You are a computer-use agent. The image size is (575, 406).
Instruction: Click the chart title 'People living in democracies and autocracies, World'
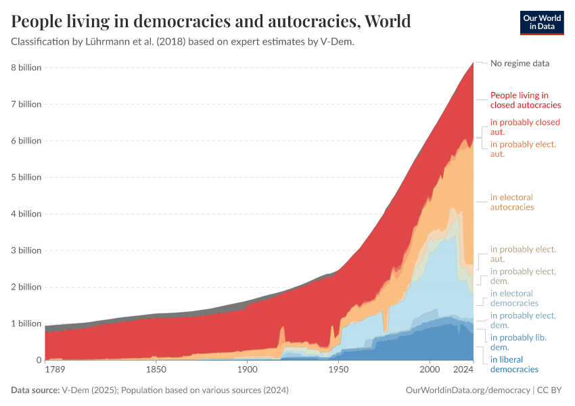[x=211, y=21]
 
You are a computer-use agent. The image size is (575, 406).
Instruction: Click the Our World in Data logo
[x=541, y=22]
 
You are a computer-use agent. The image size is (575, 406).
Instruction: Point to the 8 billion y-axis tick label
[x=26, y=68]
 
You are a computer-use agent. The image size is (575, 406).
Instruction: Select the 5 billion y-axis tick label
[x=26, y=177]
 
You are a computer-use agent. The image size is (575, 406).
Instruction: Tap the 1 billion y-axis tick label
[x=26, y=323]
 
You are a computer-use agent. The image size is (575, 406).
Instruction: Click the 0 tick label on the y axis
[x=38, y=360]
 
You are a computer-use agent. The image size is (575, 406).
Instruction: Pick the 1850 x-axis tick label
[x=156, y=371]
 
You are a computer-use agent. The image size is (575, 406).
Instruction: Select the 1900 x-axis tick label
[x=247, y=371]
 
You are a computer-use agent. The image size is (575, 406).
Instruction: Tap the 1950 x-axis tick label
[x=338, y=371]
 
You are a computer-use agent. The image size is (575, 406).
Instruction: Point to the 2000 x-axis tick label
[x=430, y=371]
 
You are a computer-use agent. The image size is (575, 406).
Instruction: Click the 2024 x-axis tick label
[x=463, y=371]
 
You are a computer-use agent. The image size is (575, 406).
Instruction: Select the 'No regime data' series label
[x=520, y=63]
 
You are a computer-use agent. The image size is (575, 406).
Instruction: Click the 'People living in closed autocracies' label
[x=525, y=100]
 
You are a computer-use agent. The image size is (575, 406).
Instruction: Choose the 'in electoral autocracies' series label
[x=512, y=202]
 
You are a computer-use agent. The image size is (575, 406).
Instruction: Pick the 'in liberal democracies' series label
[x=514, y=364]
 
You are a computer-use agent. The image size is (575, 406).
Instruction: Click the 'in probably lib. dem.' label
[x=518, y=342]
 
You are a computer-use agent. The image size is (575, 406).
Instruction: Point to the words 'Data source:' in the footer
[x=34, y=390]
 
